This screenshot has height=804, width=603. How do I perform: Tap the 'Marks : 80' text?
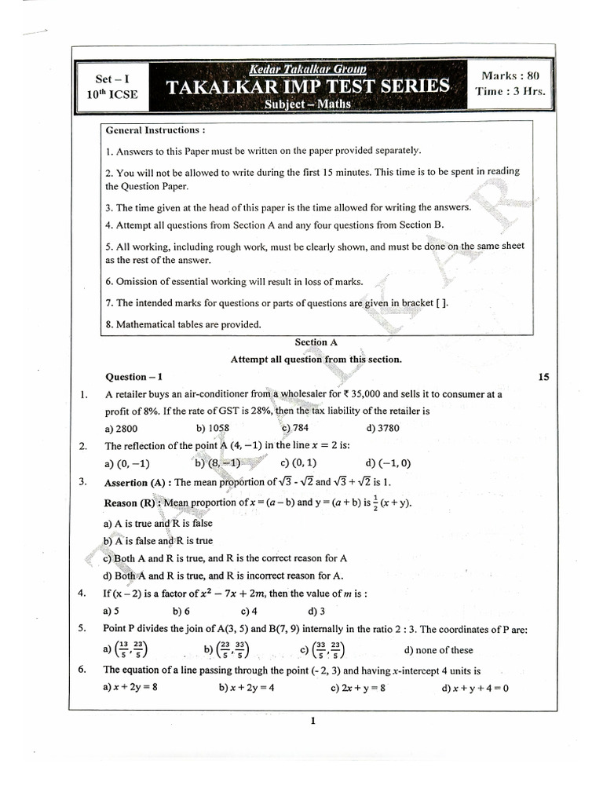[511, 75]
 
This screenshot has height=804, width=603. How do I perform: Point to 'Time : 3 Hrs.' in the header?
[510, 91]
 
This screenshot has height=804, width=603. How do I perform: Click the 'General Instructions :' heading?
[155, 130]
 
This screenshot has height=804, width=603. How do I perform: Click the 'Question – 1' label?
[133, 377]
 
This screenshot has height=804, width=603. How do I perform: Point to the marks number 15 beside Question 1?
[543, 377]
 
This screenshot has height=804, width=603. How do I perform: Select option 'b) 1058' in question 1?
[213, 428]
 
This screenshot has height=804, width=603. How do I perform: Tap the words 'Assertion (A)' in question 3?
[137, 483]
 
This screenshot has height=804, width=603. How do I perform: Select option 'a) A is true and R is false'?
[158, 523]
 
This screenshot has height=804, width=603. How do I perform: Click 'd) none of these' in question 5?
[438, 650]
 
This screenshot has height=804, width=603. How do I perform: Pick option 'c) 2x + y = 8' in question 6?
[358, 688]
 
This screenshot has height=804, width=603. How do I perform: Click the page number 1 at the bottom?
[312, 721]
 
